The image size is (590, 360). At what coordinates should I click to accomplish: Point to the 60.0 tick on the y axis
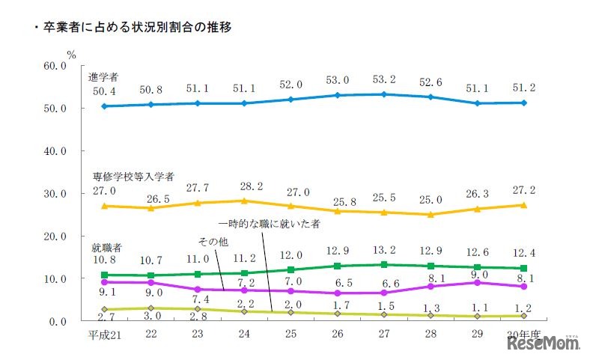pyautogui.click(x=55, y=65)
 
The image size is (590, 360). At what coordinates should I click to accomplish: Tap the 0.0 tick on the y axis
pyautogui.click(x=58, y=322)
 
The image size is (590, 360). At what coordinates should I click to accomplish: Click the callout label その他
pyautogui.click(x=213, y=242)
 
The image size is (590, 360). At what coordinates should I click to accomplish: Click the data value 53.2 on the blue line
pyautogui.click(x=384, y=79)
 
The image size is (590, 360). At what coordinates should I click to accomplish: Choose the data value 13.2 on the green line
pyautogui.click(x=384, y=249)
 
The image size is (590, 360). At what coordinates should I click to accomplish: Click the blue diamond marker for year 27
pyautogui.click(x=384, y=94)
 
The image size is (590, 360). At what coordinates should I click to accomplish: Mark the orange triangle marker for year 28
pyautogui.click(x=430, y=214)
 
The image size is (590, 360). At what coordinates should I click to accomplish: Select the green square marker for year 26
pyautogui.click(x=338, y=266)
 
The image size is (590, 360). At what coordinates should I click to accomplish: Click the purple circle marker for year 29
pyautogui.click(x=476, y=282)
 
